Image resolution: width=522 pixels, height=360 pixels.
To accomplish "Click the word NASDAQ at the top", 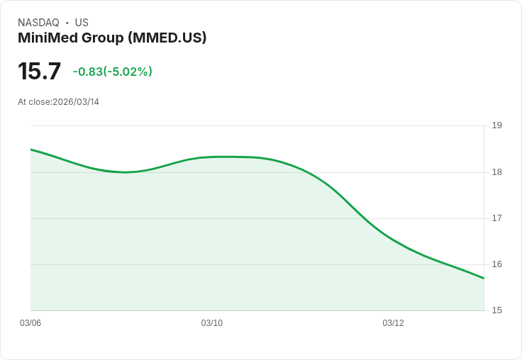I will click(x=38, y=23).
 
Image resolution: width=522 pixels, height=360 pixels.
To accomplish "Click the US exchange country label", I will click(x=82, y=23).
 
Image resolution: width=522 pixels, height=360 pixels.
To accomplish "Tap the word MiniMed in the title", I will click(x=47, y=38).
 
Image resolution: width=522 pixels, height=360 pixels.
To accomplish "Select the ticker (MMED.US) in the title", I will click(x=167, y=38).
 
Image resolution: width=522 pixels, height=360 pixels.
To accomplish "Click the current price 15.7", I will click(x=40, y=72).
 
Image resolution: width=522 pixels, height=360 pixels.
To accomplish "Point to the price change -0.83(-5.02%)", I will click(x=113, y=72).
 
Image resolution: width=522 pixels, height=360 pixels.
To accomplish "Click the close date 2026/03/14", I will click(x=76, y=102).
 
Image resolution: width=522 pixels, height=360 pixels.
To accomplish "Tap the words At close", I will click(x=34, y=102).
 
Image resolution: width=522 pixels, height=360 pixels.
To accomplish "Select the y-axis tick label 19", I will click(x=496, y=125).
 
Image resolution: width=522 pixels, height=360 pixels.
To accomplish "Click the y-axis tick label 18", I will click(x=496, y=172).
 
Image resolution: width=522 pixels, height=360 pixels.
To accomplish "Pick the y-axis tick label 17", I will click(x=496, y=218).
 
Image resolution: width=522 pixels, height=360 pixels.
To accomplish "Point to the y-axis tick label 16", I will click(x=496, y=264).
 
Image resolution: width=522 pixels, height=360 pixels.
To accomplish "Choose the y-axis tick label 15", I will click(x=496, y=310).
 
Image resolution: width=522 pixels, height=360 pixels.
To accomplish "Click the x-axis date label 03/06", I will click(x=30, y=323).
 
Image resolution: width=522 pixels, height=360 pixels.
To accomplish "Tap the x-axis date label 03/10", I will click(x=212, y=323).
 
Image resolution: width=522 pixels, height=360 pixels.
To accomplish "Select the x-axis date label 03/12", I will click(x=394, y=323).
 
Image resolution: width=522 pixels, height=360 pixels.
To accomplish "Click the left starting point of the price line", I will click(x=31, y=150).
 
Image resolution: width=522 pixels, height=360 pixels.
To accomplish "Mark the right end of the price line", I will click(x=484, y=278).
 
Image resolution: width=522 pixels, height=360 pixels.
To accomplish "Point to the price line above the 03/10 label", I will click(x=212, y=157).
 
